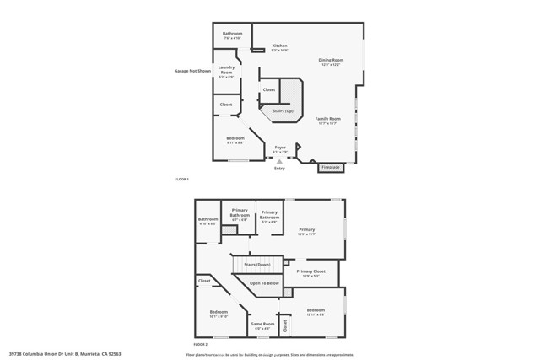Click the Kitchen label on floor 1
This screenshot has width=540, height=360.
pos(279,46)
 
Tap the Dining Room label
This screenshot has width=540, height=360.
pos(331,60)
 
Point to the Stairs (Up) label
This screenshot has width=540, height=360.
pos(283,110)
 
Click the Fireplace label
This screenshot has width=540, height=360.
pos(331,167)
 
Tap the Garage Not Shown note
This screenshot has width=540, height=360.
pos(192,71)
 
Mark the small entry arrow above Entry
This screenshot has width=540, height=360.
pos(279,161)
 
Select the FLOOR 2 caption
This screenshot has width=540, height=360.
pos(201,345)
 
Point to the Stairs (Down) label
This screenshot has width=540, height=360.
pos(256,265)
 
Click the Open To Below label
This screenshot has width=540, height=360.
pos(264,283)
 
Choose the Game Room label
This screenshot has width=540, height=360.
pos(263,324)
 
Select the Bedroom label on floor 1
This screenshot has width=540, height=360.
pos(235,138)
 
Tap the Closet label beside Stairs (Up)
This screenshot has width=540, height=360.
pos(269,89)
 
